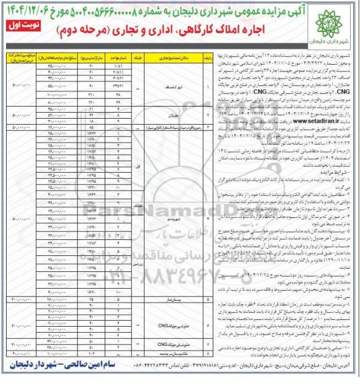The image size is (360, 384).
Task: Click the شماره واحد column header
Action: (118, 57)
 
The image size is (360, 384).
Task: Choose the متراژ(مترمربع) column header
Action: (92, 57)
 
